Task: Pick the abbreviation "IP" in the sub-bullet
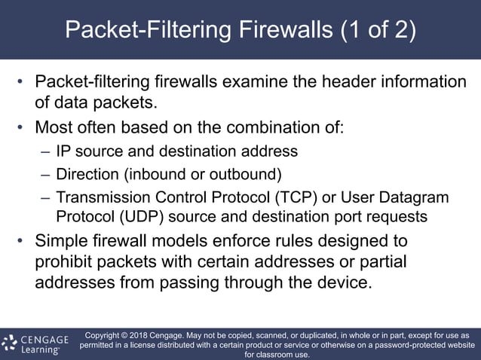pyautogui.click(x=64, y=151)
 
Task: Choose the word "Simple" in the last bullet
pyautogui.click(x=63, y=242)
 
